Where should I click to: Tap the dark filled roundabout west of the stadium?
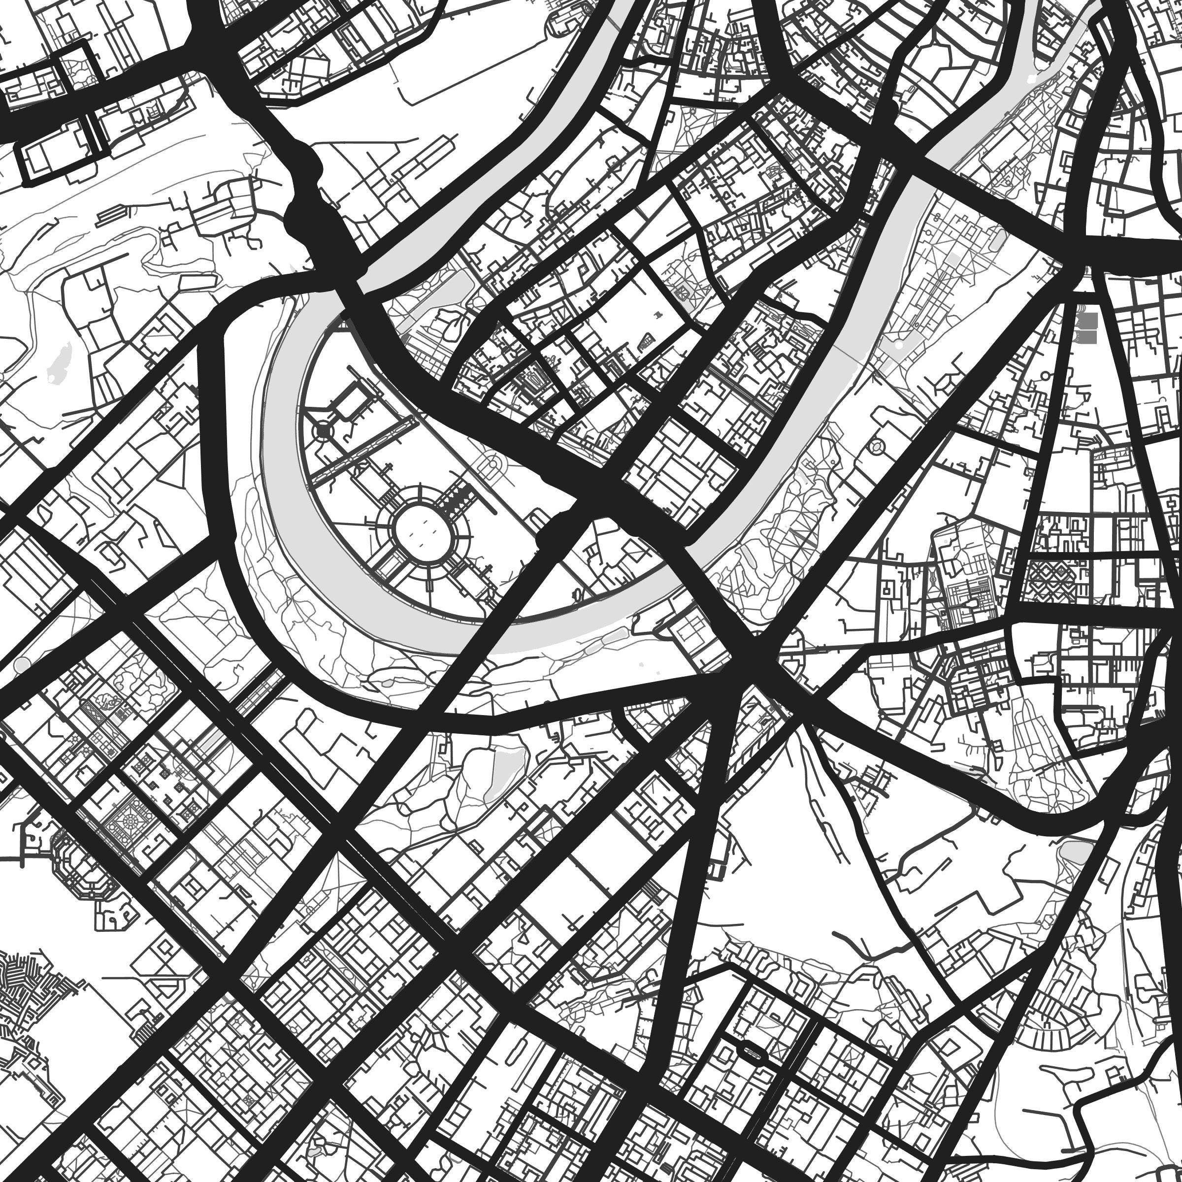pos(323,432)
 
